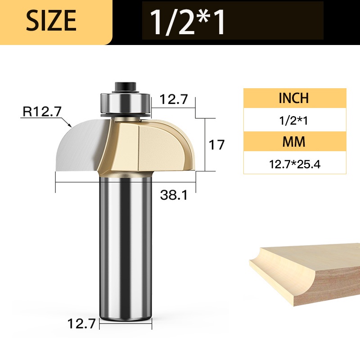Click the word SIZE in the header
coord(51,20)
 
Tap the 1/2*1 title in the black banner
coord(187,22)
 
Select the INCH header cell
coord(295,98)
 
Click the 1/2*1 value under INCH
coord(293,120)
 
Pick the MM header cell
coord(294,142)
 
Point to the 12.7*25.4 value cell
coord(295,164)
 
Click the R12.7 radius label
coord(42,111)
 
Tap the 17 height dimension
coord(216,145)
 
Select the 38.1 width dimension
coord(174,195)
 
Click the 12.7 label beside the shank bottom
coord(81,324)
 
